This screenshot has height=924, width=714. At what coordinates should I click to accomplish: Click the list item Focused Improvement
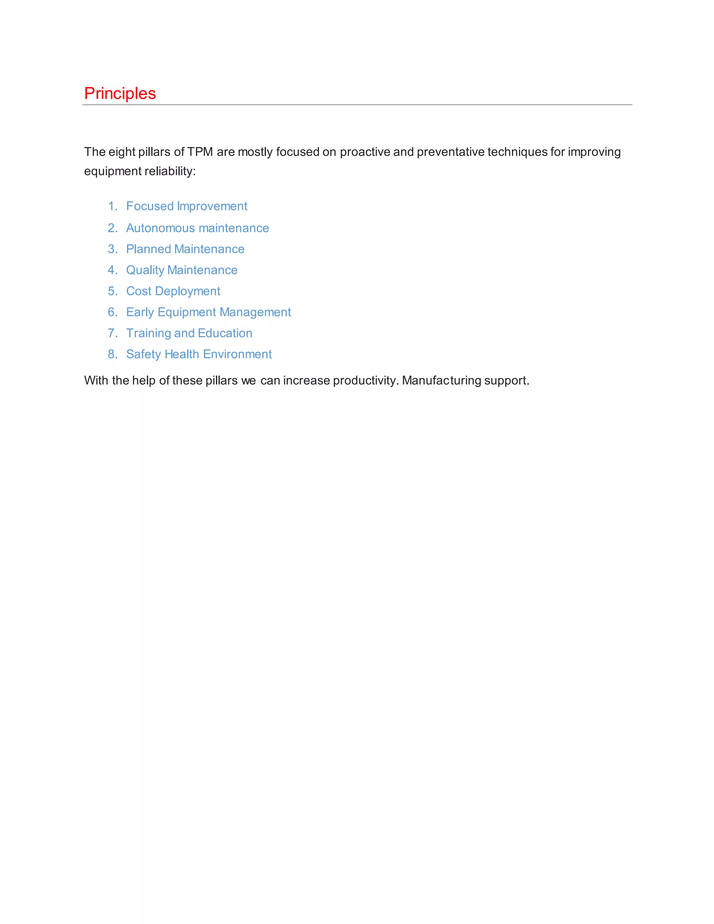(x=187, y=206)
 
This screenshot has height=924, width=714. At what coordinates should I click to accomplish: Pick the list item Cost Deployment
(x=173, y=291)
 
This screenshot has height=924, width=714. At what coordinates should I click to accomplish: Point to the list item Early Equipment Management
(x=208, y=312)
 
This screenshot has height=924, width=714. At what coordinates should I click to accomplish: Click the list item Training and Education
(x=189, y=333)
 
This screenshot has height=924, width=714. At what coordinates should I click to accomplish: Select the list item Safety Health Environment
(x=199, y=354)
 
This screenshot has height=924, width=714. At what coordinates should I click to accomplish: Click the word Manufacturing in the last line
(x=441, y=380)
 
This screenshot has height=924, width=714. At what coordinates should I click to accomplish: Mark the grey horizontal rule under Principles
(x=357, y=105)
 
